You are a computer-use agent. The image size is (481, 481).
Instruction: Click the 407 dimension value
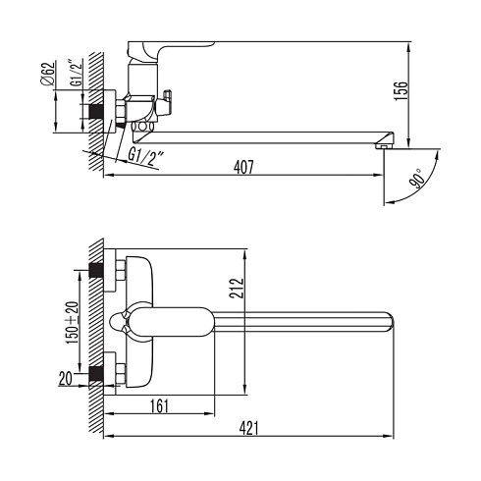coord(243,167)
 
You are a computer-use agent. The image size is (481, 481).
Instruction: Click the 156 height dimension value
coord(401,90)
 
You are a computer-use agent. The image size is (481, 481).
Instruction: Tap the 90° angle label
coord(418,179)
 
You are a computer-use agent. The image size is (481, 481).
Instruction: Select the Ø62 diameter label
coord(47,74)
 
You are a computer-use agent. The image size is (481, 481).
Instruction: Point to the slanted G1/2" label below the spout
coord(145,156)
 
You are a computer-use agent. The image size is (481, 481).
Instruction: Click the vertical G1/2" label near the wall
coord(76,73)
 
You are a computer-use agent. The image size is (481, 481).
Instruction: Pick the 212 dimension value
coord(237,288)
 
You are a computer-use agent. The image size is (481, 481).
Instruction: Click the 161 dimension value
coord(159,405)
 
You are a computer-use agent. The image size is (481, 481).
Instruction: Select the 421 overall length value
coord(248,428)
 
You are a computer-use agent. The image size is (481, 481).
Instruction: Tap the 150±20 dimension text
coord(73,322)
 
